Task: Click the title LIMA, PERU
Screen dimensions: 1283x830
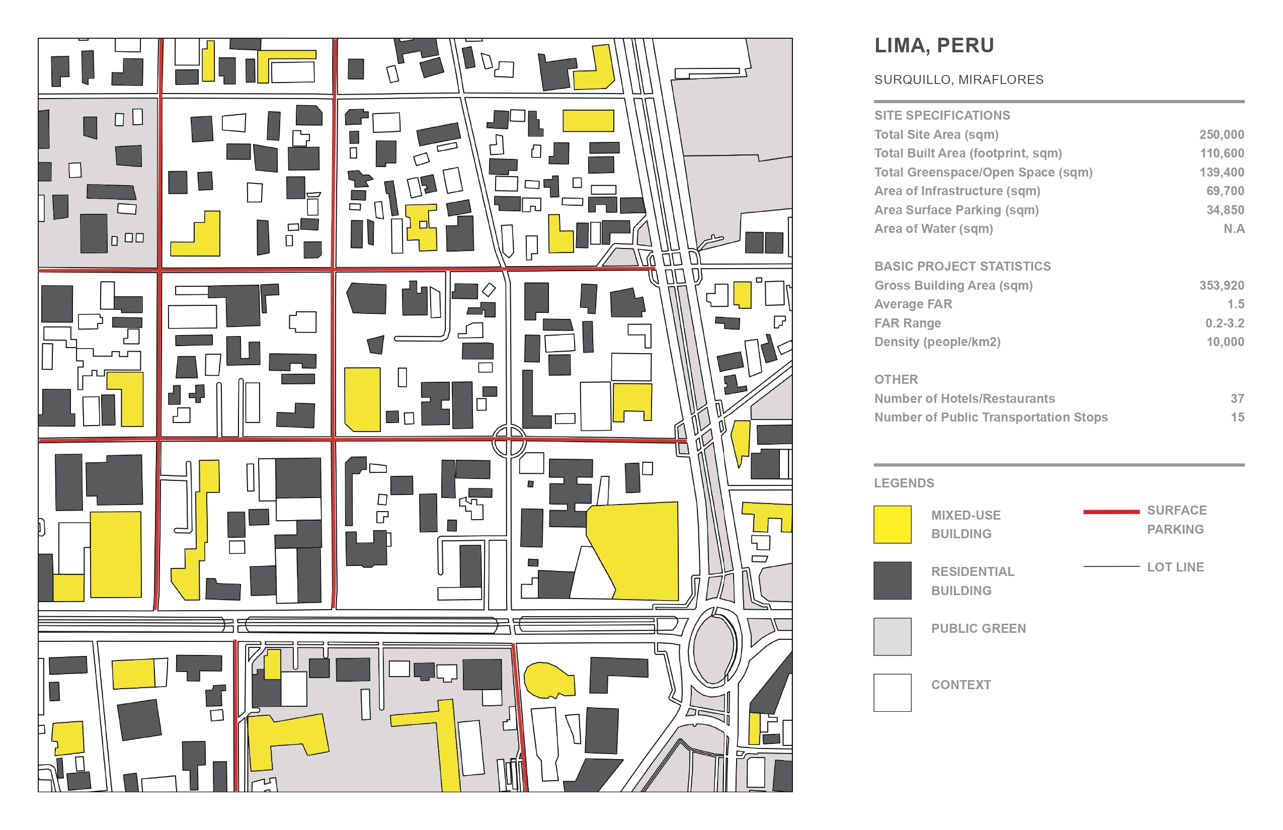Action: [x=934, y=46]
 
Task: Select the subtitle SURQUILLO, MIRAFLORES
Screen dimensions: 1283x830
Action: [x=958, y=80]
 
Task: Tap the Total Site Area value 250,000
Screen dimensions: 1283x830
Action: [x=1221, y=135]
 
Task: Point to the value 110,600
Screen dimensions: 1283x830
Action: [x=1222, y=153]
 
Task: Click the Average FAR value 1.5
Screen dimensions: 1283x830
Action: [x=1235, y=304]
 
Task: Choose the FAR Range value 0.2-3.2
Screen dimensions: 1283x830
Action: [x=1224, y=323]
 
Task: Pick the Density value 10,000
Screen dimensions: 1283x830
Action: [x=1225, y=342]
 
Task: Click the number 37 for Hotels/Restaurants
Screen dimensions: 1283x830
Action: [x=1237, y=399]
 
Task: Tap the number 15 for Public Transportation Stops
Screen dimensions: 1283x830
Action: [x=1237, y=418]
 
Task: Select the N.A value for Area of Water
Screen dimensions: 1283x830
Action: [x=1233, y=229]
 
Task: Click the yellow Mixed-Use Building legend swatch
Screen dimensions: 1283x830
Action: [x=892, y=524]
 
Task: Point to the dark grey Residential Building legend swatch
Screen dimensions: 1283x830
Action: [x=892, y=580]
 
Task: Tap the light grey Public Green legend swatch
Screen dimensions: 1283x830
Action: [x=892, y=636]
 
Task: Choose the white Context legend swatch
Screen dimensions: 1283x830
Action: [x=892, y=693]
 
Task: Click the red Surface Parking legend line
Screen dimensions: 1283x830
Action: [x=1111, y=512]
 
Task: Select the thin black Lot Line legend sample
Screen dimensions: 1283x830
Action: [x=1111, y=566]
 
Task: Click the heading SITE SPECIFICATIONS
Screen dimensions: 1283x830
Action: [x=942, y=115]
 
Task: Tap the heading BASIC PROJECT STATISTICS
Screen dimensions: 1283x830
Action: [x=962, y=266]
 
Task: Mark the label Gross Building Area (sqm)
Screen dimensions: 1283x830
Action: [x=953, y=286]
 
